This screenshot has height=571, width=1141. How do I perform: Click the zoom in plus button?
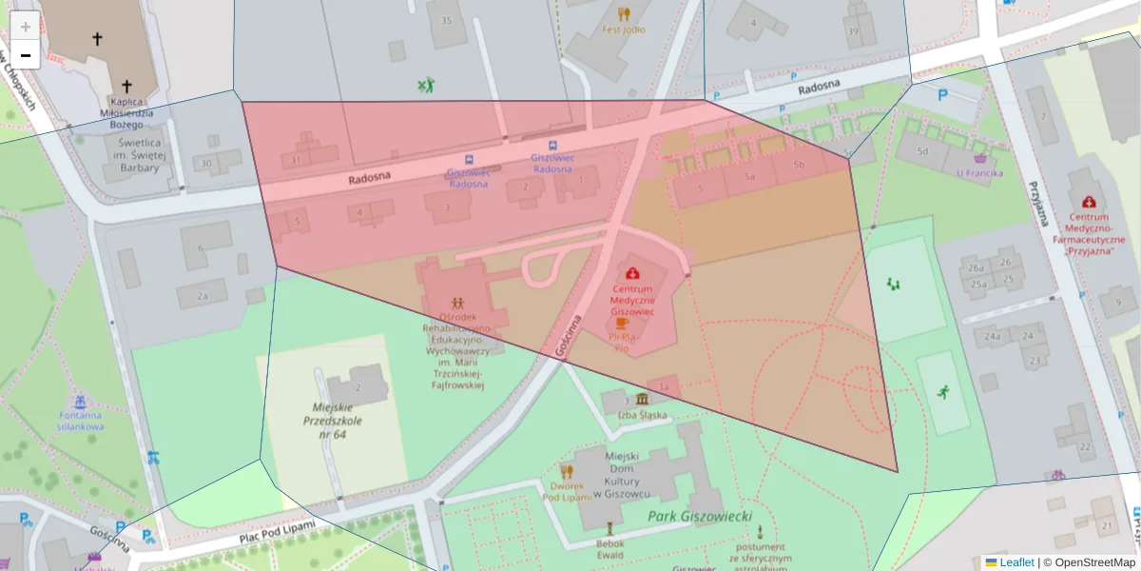coord(26,27)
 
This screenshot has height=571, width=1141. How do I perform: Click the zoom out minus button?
coord(26,55)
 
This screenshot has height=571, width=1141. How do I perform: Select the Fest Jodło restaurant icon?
coord(624,13)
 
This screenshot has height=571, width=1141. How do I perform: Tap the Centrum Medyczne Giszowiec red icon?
coord(632,273)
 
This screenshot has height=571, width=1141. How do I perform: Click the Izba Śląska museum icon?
coord(643,399)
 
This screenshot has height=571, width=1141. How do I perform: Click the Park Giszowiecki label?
coord(700,516)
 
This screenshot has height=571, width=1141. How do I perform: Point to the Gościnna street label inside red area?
coord(569,335)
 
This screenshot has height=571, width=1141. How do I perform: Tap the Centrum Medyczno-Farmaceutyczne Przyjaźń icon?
coord(1089,202)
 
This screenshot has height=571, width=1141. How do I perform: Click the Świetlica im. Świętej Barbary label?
coord(134,155)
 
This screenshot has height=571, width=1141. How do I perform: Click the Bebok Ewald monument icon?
coord(609,526)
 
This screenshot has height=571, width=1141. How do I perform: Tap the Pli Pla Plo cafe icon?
coord(623,323)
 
